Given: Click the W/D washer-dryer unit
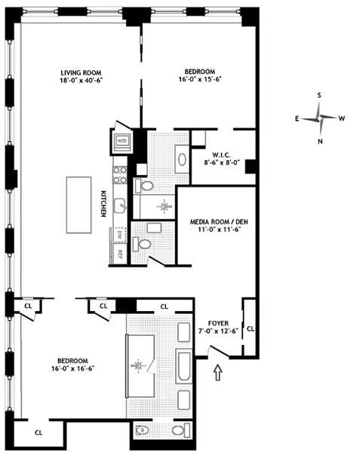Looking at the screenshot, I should coord(122,140).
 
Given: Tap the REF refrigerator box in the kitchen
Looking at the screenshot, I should coord(119,255).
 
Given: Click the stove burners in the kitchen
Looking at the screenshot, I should coord(118,175).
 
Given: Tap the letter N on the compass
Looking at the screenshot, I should coord(320,140).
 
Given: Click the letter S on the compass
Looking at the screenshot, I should coord(320,95).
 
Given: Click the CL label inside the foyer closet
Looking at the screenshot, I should coord(250,329).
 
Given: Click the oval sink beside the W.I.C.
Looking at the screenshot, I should coord(183,160).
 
